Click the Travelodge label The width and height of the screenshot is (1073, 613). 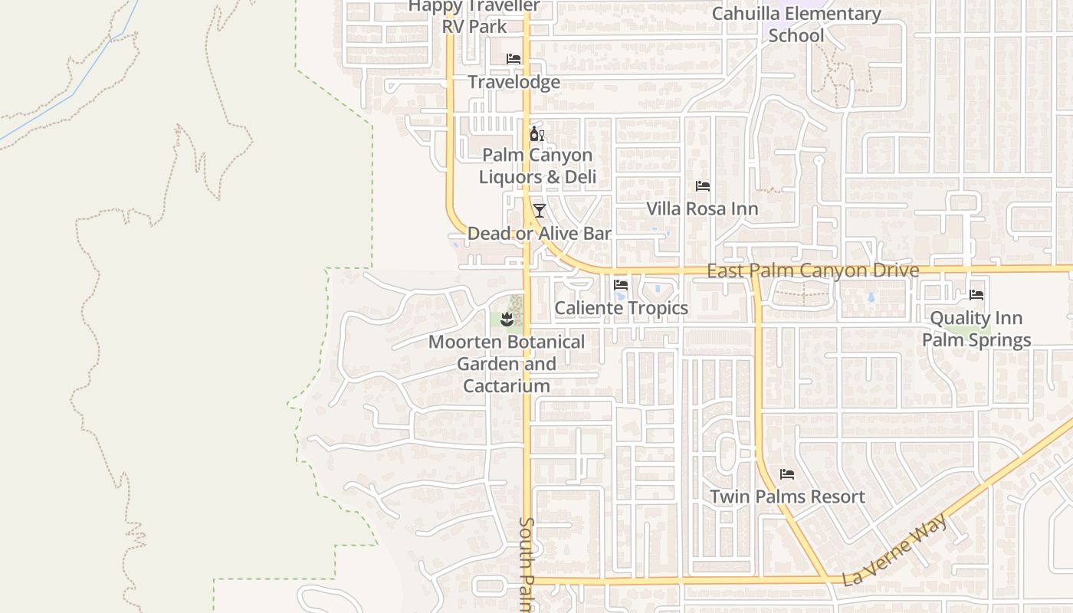click(514, 82)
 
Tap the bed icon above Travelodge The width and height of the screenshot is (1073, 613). click(514, 59)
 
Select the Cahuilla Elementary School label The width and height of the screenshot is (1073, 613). click(796, 25)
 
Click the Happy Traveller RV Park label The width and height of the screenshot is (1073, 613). click(474, 16)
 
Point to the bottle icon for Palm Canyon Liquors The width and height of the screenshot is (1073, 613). click(536, 134)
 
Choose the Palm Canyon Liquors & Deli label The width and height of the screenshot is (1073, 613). click(537, 166)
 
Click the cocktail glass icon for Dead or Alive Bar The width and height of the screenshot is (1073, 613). click(540, 211)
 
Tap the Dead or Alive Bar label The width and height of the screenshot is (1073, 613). click(539, 234)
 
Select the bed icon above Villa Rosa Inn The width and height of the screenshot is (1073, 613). click(702, 186)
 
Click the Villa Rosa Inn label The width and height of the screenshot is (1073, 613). click(702, 209)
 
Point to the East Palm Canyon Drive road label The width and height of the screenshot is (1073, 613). click(812, 270)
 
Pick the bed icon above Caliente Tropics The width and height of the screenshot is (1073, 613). click(621, 285)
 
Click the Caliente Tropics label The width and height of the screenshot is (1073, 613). click(621, 308)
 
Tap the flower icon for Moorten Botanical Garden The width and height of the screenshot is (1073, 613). click(506, 318)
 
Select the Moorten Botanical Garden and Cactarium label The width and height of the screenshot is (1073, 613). click(506, 364)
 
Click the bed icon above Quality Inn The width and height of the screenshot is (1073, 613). click(976, 294)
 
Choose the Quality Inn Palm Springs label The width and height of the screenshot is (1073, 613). click(976, 329)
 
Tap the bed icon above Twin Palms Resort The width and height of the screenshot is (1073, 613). click(787, 474)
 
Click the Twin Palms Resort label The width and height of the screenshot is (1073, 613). click(787, 497)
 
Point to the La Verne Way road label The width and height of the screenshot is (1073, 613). click(895, 549)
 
